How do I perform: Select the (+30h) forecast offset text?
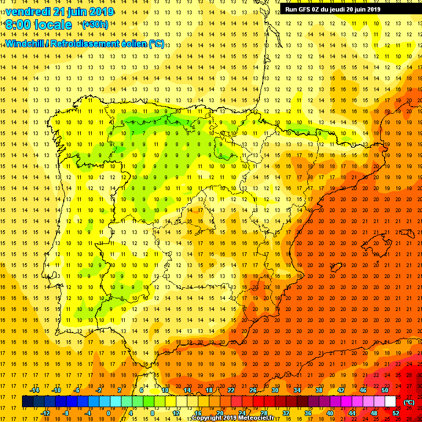pyautogui.click(x=95, y=25)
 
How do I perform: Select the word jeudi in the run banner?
pyautogui.click(x=345, y=9)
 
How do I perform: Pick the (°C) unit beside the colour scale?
pyautogui.click(x=409, y=402)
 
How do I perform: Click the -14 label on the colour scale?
pyautogui.click(x=34, y=390)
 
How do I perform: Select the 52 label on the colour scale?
pyautogui.click(x=396, y=413)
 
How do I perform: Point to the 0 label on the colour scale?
pyautogui.click(x=108, y=413)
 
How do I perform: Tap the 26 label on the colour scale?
pyautogui.click(x=253, y=390)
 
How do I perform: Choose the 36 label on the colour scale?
pyautogui.click(x=308, y=413)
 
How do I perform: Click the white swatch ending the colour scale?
pyautogui.click(x=391, y=402)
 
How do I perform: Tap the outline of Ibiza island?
pyautogui.click(x=336, y=270)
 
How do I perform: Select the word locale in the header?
pyautogui.click(x=53, y=25)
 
